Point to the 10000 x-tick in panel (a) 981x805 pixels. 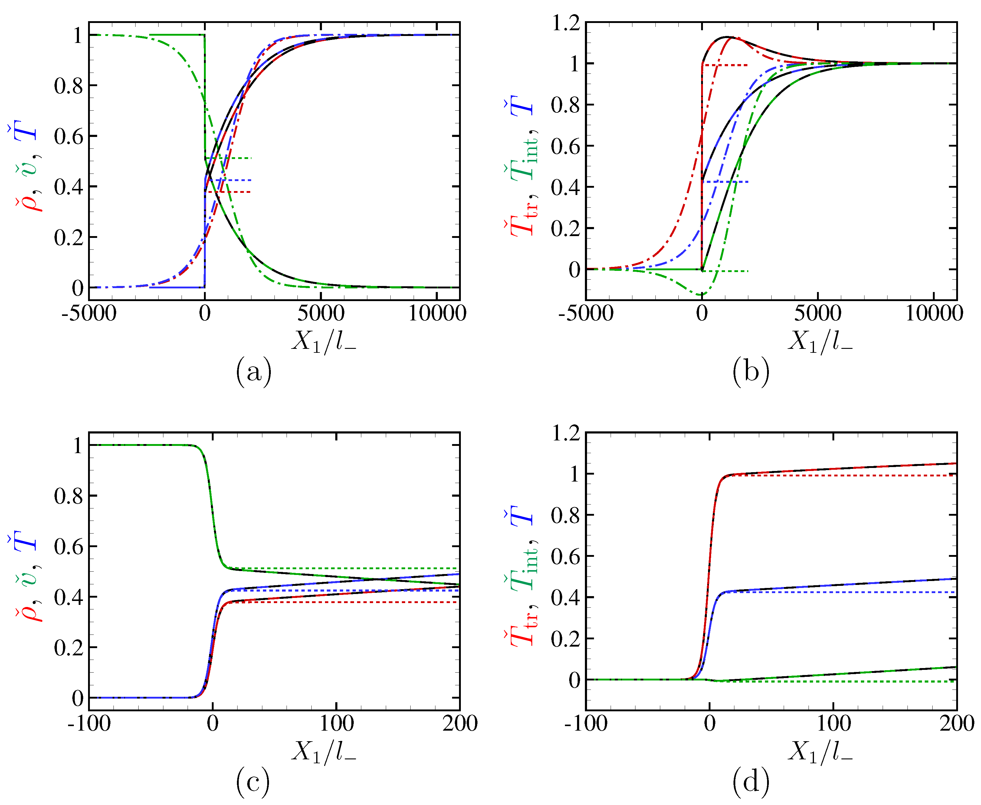pyautogui.click(x=437, y=313)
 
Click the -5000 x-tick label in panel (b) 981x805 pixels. pyautogui.click(x=586, y=313)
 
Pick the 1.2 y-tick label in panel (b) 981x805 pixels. pyautogui.click(x=565, y=23)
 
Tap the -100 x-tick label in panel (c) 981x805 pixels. pyautogui.click(x=89, y=723)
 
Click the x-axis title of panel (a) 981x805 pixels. pyautogui.click(x=323, y=342)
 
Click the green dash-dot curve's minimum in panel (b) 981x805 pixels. pyautogui.click(x=702, y=295)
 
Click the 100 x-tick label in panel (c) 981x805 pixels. pyautogui.click(x=336, y=723)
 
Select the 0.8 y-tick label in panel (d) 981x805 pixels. pyautogui.click(x=565, y=515)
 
